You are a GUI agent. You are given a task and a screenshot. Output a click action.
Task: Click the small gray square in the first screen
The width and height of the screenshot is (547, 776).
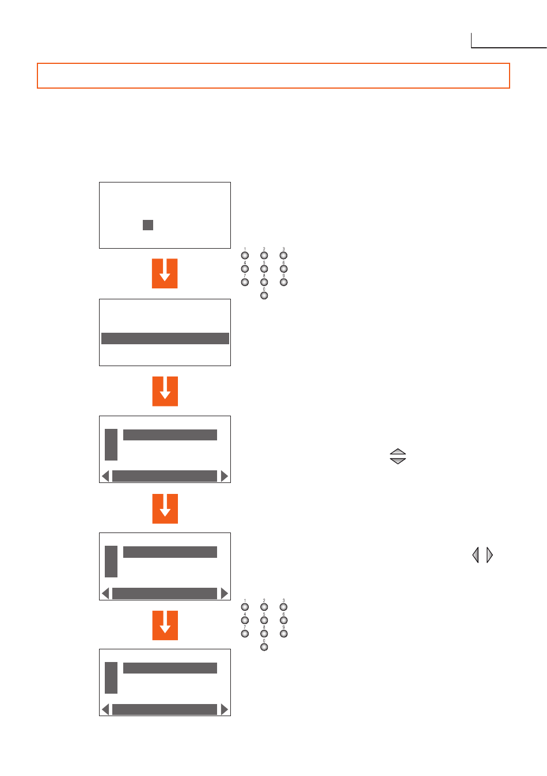tap(148, 225)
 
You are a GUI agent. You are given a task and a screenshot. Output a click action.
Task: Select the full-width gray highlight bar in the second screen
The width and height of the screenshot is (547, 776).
tap(165, 338)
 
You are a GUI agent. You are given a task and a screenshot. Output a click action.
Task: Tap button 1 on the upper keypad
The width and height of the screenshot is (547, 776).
tap(245, 256)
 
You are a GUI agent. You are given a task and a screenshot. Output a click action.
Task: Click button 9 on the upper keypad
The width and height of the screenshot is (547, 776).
tap(283, 282)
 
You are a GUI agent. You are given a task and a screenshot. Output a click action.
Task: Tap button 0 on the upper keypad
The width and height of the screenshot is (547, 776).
tap(264, 295)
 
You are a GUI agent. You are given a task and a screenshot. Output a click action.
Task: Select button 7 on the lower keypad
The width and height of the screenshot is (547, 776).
tap(245, 633)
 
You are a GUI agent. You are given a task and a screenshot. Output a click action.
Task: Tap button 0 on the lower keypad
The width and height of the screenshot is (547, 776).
tap(264, 647)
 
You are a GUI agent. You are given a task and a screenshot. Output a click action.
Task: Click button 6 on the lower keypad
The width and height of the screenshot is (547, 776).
tap(283, 620)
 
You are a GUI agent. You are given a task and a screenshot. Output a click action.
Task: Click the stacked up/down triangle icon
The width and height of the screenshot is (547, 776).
tap(398, 457)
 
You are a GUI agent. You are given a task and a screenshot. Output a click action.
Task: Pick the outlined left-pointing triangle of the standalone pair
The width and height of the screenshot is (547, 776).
tap(476, 555)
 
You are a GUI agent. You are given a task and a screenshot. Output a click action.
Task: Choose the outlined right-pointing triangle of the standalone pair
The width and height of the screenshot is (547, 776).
tap(489, 555)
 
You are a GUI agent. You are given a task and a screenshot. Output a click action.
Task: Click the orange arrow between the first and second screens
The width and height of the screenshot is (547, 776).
tap(165, 273)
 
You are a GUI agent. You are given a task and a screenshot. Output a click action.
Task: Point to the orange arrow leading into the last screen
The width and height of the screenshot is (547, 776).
tap(165, 625)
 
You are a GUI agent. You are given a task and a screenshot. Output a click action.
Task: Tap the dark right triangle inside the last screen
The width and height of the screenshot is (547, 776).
tap(224, 710)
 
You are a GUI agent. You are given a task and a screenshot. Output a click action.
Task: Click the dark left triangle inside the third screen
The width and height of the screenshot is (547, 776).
tap(105, 476)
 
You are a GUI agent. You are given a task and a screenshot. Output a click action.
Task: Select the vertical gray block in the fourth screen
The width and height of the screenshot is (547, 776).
tap(111, 561)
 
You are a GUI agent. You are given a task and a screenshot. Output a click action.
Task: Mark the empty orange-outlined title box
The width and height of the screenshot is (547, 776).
tap(273, 75)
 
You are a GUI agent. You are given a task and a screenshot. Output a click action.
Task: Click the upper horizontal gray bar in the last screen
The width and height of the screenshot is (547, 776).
tap(170, 668)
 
